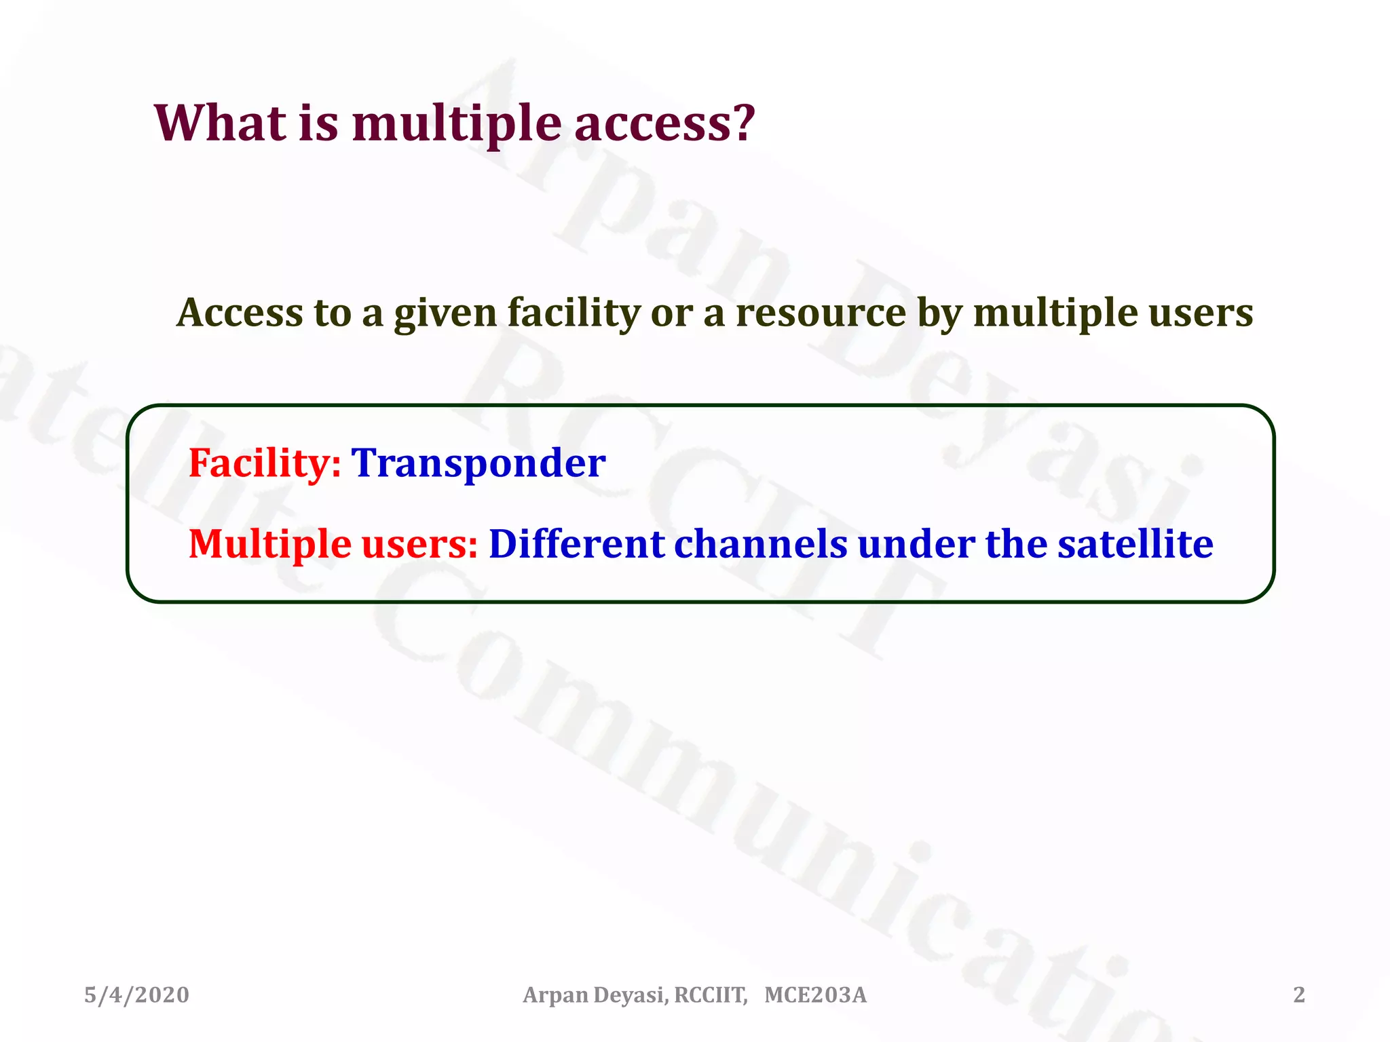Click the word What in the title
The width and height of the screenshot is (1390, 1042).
tap(221, 123)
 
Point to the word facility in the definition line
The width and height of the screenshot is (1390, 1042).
tap(574, 314)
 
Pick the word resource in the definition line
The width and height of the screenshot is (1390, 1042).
tap(821, 314)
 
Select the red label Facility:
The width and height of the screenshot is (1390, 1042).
tap(265, 464)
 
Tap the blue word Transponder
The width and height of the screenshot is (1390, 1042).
tap(478, 464)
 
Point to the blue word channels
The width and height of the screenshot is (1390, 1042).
tap(760, 545)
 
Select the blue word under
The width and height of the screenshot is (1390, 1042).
tap(916, 545)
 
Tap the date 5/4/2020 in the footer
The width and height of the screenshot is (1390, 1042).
tap(136, 995)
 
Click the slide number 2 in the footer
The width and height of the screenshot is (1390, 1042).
tap(1298, 995)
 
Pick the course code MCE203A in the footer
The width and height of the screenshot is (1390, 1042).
tap(815, 995)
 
